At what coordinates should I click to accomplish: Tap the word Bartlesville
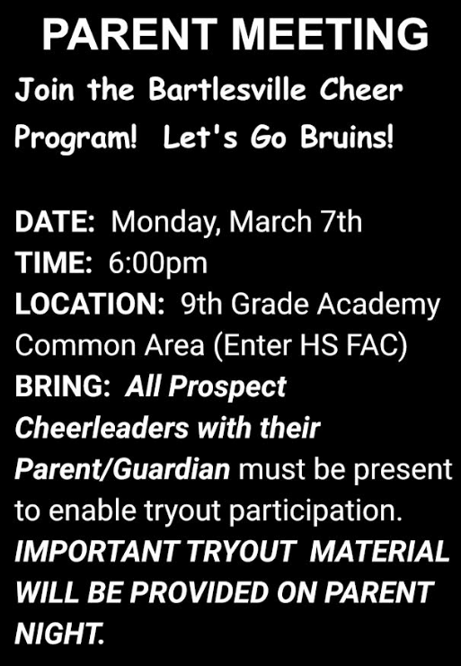click(227, 90)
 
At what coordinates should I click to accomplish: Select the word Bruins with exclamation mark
click(347, 138)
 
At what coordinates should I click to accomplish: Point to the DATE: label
click(55, 221)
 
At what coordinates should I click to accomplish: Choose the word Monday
click(165, 223)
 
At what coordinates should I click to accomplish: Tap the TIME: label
click(54, 262)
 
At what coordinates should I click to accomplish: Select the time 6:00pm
click(158, 264)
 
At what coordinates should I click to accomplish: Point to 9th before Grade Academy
click(201, 304)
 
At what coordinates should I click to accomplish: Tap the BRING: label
click(63, 386)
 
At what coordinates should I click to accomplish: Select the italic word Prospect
click(227, 388)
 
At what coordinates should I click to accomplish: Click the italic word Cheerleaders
click(102, 428)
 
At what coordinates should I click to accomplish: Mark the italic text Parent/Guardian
click(122, 469)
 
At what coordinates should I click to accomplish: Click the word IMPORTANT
click(96, 551)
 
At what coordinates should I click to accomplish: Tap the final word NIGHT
click(59, 634)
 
